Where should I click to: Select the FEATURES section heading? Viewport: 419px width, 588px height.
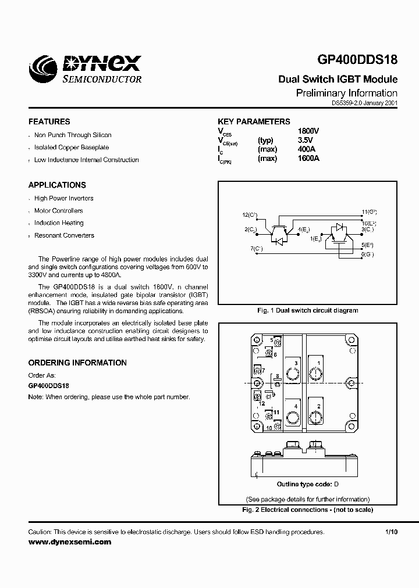[49, 121]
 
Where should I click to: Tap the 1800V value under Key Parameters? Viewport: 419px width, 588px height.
[308, 131]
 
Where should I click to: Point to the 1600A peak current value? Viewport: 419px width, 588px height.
[308, 159]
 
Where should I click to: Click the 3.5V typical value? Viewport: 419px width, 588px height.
[305, 140]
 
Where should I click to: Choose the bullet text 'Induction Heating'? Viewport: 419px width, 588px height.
[59, 223]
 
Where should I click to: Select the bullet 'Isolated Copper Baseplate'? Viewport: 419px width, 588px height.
[72, 148]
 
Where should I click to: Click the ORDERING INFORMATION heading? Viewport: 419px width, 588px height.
[77, 363]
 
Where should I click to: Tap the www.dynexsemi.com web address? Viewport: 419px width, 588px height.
[69, 542]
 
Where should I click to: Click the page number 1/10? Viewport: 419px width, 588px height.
[391, 532]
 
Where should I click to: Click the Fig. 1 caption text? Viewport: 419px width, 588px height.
[307, 310]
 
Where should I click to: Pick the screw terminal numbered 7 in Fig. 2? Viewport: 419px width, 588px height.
[258, 371]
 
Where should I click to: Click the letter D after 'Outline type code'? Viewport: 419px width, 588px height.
[336, 484]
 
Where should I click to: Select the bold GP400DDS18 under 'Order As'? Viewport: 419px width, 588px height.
[49, 386]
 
